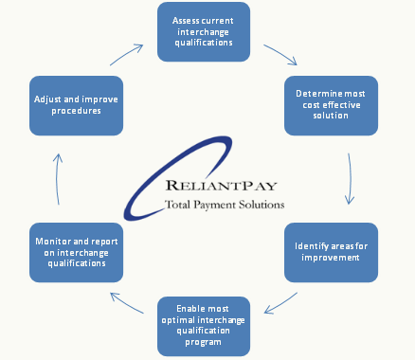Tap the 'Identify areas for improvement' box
click(332, 253)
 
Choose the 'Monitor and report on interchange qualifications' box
click(77, 253)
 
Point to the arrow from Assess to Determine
click(280, 53)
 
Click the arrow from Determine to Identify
click(352, 178)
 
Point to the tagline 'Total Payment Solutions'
click(224, 204)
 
